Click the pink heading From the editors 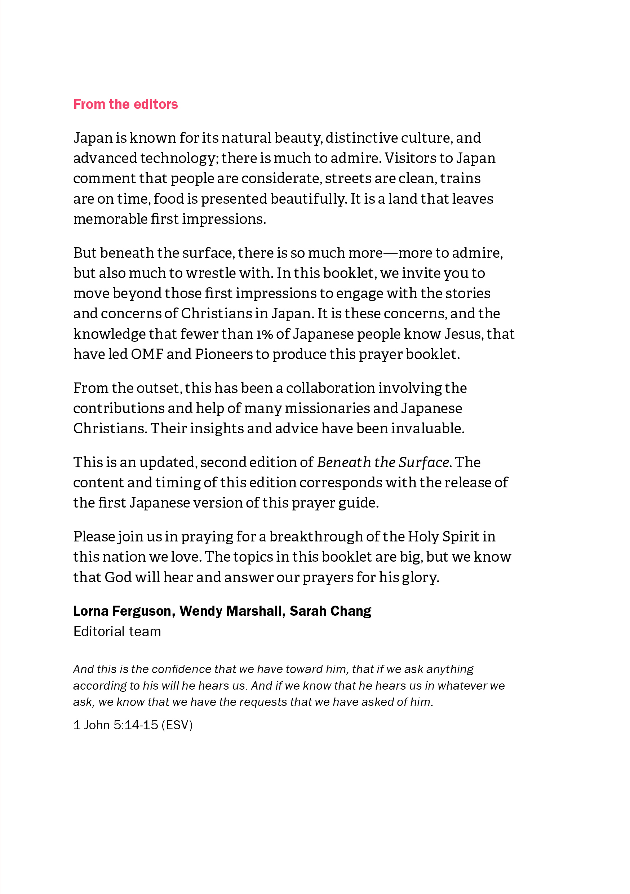(x=125, y=104)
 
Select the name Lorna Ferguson (x=122, y=611)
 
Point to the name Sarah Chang (x=330, y=611)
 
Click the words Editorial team (x=117, y=632)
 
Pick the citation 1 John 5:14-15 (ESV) (x=133, y=725)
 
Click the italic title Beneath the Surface (x=383, y=462)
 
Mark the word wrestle (x=210, y=273)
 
